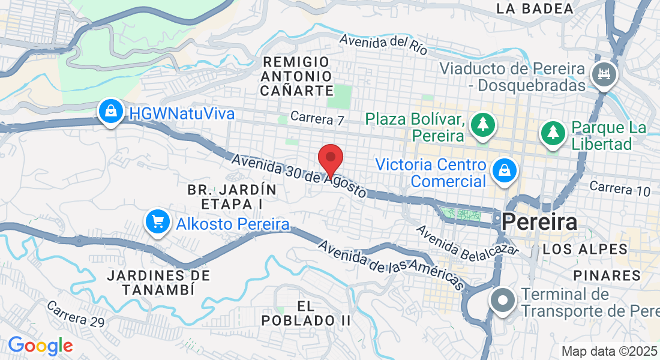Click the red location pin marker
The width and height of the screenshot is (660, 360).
[x=330, y=159]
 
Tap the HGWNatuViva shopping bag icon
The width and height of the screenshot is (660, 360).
[x=111, y=112]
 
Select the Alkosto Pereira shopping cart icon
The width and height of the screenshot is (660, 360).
[x=158, y=223]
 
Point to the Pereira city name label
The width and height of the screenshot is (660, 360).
[x=540, y=223]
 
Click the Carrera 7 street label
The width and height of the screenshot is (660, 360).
[x=317, y=118]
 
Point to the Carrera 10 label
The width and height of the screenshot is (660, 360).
[x=620, y=188]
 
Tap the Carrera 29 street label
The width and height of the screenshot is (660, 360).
[x=75, y=313]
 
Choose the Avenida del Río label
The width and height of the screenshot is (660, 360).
[x=384, y=43]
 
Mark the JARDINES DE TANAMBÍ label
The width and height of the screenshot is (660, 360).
[x=159, y=283]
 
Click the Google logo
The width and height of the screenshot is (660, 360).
[x=40, y=346]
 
